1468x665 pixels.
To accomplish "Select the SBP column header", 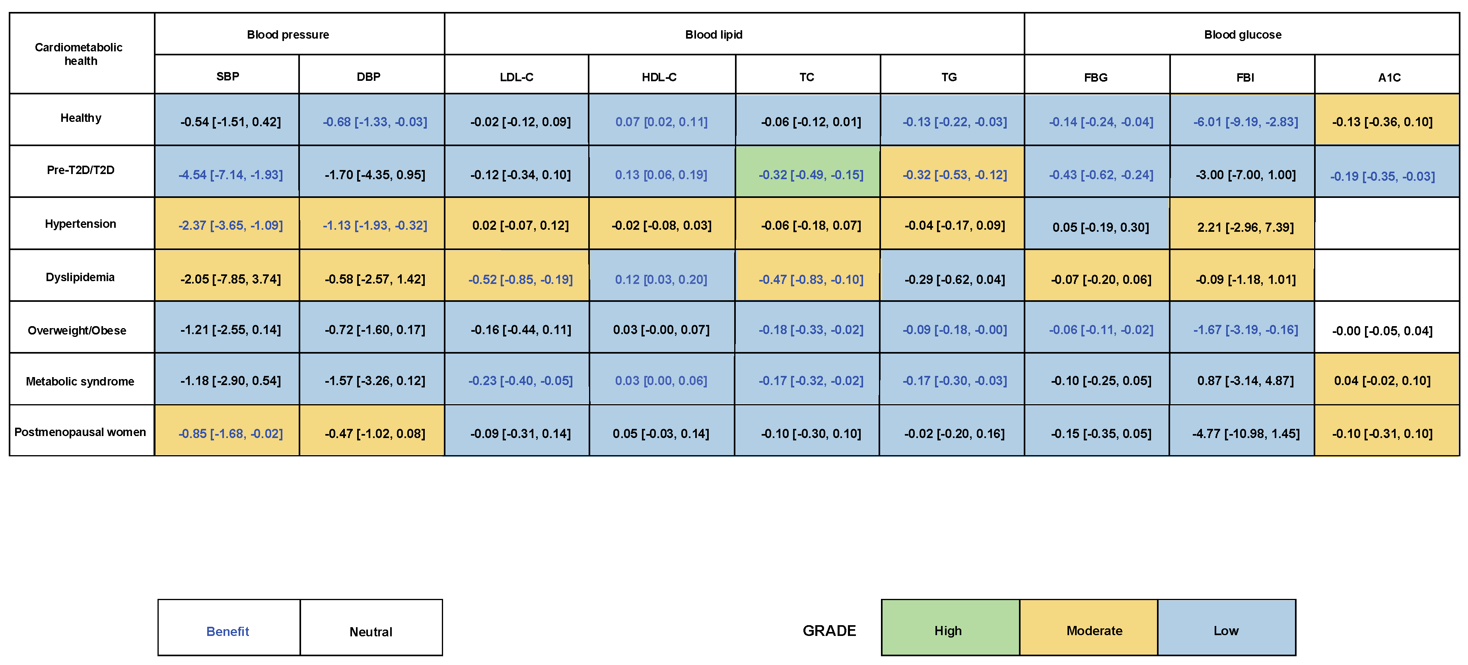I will tap(227, 76).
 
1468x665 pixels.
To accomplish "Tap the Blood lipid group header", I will tap(714, 35).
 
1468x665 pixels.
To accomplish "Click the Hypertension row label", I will tap(80, 223).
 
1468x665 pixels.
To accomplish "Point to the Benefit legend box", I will tap(228, 631).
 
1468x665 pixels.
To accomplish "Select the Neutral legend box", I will tap(371, 631).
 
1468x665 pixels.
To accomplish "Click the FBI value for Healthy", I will tap(1245, 121).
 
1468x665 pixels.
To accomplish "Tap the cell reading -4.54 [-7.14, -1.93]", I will tap(230, 174).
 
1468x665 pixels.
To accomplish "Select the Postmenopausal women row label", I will tap(80, 432).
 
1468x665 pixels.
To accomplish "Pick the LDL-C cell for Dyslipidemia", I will tap(520, 279).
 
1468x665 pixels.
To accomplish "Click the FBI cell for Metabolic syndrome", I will tap(1245, 380).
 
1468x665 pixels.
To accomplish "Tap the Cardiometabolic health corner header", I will tap(80, 54).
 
